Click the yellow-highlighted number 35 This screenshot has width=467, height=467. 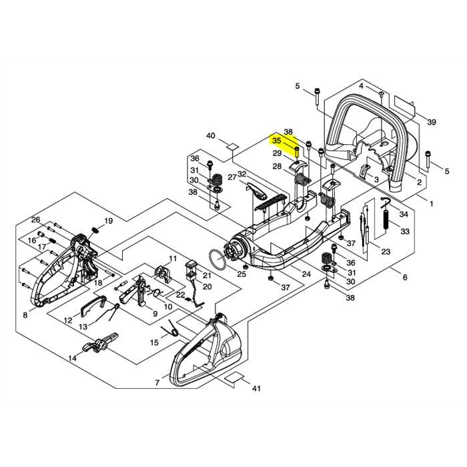276,141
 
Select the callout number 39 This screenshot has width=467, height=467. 432,122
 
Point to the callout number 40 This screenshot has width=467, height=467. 211,136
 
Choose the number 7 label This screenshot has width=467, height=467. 157,382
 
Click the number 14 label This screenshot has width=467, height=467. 72,358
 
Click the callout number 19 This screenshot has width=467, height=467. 108,221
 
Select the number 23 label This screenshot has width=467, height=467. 385,251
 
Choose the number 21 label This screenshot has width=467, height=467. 207,275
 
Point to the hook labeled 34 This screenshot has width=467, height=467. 387,202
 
